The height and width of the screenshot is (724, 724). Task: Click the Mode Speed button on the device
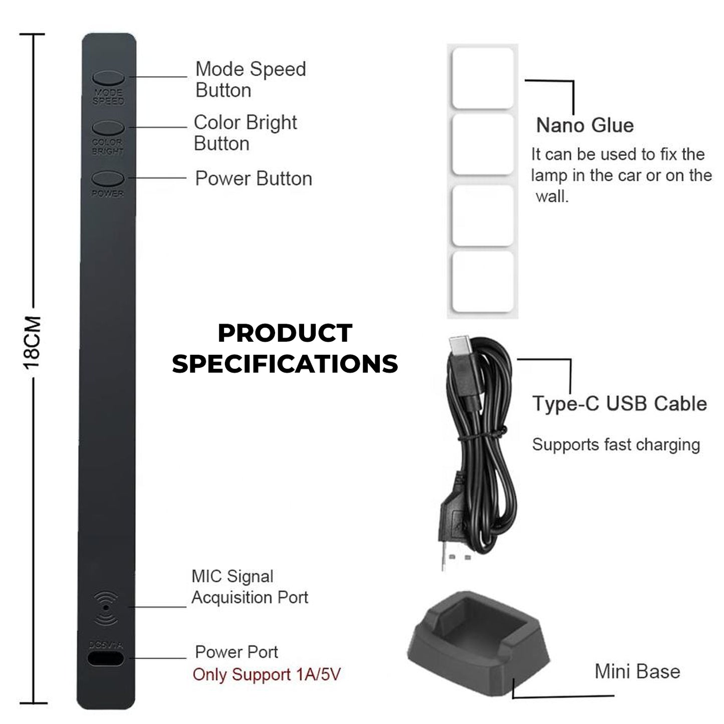[x=108, y=77]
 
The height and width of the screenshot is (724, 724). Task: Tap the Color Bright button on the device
[x=108, y=127]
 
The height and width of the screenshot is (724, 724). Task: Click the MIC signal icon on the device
[x=106, y=607]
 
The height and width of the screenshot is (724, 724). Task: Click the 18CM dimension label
[x=33, y=343]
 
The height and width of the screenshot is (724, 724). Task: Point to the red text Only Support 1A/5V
[x=267, y=674]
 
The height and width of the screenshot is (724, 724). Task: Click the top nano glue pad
[x=483, y=78]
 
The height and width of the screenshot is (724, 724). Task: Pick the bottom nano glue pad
[x=483, y=282]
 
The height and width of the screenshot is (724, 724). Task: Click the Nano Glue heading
[x=585, y=125]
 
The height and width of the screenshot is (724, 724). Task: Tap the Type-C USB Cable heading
[x=619, y=403]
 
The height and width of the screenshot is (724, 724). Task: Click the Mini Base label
[x=637, y=671]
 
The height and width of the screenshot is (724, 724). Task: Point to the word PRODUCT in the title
[x=285, y=334]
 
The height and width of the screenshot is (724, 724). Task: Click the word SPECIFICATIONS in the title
[x=285, y=364]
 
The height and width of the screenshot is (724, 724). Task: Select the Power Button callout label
[x=254, y=178]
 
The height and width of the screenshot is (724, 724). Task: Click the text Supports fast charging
[x=616, y=444]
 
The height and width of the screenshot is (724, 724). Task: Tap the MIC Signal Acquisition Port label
[x=250, y=587]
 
